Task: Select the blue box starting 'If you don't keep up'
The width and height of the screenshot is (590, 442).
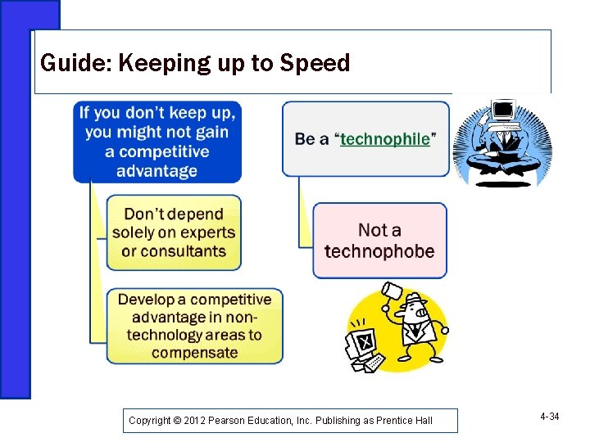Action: pos(157,141)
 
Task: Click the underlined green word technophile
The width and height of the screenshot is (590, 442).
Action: pos(384,139)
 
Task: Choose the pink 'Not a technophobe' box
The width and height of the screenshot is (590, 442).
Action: pos(379,241)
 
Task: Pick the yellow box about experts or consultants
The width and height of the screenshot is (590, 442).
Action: pos(174,232)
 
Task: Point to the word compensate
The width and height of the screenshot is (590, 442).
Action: pos(194,353)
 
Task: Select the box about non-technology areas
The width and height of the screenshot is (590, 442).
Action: pos(194,326)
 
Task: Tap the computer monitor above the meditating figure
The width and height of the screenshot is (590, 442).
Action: pos(502,110)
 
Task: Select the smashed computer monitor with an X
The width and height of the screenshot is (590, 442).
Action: pos(363,339)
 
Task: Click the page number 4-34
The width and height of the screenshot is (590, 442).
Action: pos(549,417)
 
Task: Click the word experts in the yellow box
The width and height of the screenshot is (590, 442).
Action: pos(207,232)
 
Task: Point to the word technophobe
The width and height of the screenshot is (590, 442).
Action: pos(379,251)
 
